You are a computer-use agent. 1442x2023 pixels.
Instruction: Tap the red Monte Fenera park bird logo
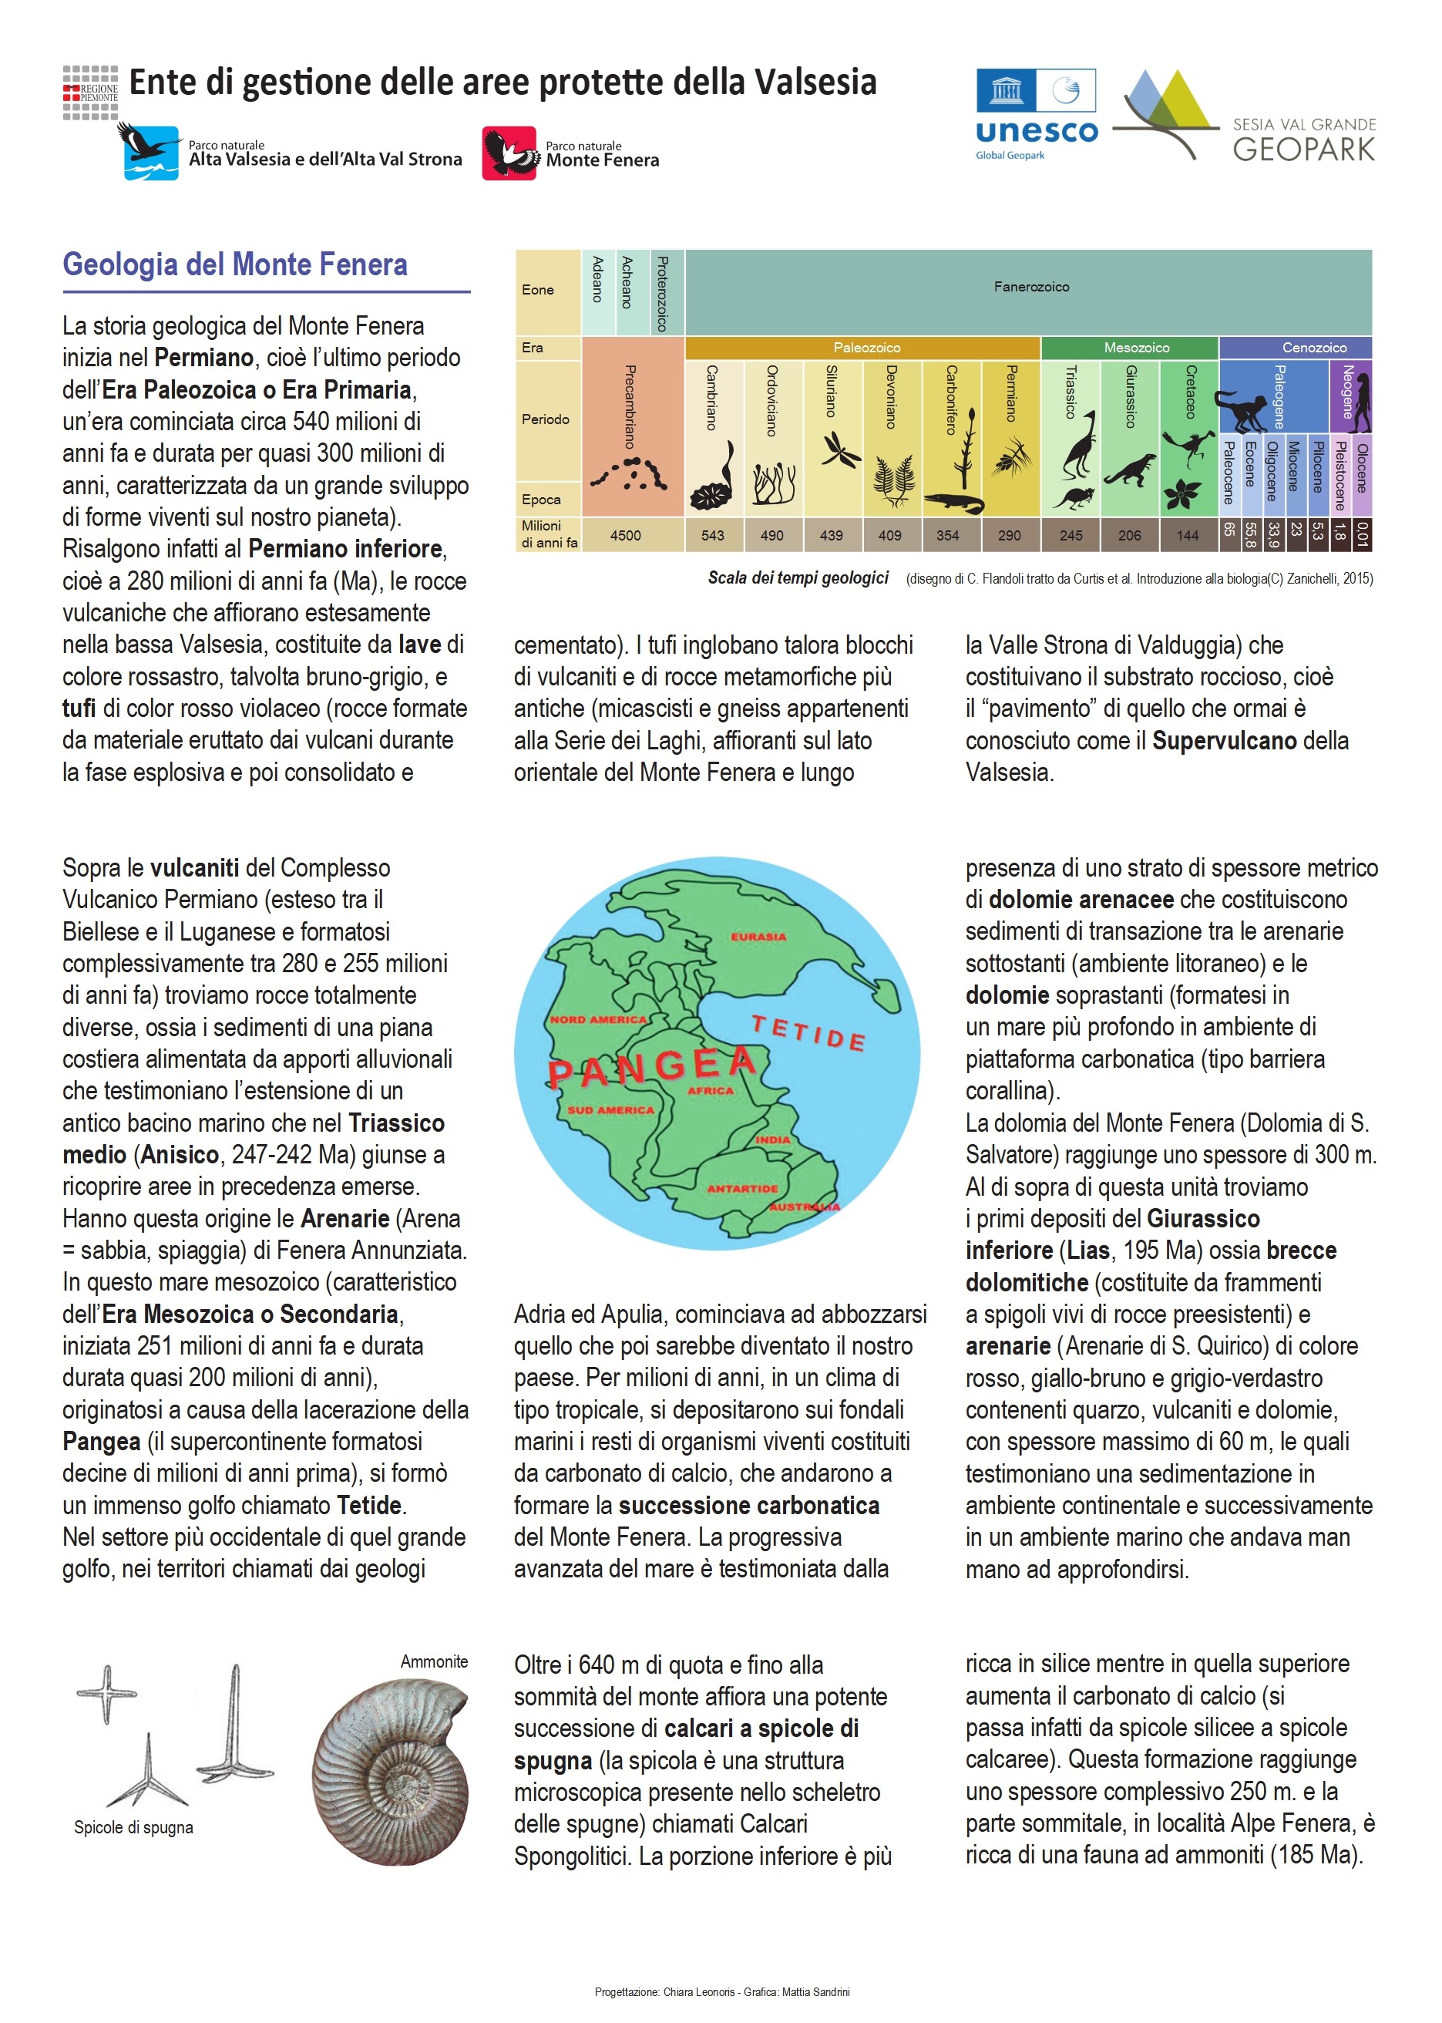[x=509, y=153]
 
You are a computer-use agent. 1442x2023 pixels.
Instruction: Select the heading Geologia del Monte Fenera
[x=234, y=264]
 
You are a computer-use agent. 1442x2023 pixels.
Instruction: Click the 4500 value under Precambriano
[x=625, y=536]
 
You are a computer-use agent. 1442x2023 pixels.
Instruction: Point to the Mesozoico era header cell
[x=1136, y=347]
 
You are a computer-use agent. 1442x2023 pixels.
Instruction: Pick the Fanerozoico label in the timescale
[x=1031, y=287]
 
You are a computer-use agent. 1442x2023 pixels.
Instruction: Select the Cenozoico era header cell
[x=1313, y=347]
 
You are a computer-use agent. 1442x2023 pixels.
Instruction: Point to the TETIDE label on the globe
[x=808, y=1034]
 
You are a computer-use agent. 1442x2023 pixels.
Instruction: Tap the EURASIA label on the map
[x=758, y=936]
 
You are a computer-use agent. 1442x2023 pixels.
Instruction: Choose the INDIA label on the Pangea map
[x=772, y=1139]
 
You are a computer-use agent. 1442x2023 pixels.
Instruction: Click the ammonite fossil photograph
[x=391, y=1772]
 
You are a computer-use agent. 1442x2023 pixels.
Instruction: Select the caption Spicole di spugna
[x=133, y=1828]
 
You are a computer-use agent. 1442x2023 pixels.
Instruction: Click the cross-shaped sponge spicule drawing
[x=106, y=1692]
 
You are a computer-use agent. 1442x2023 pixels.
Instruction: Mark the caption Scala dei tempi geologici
[x=798, y=578]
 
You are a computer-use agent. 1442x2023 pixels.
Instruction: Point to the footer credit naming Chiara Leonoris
[x=721, y=1992]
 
